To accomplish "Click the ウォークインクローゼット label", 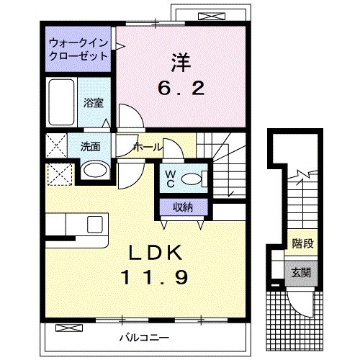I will [78, 49].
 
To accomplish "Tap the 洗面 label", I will [90, 146].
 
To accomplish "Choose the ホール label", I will [147, 147].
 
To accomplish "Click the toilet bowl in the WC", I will [192, 178].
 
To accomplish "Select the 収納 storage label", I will [183, 207].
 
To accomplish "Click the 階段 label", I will [302, 243].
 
